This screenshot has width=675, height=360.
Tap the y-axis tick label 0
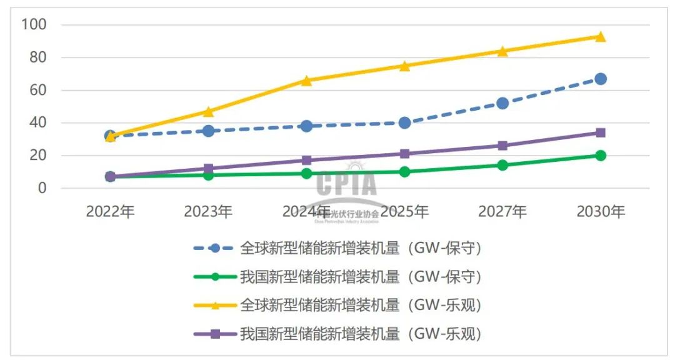[x=43, y=188]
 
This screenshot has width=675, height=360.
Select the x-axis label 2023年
[x=208, y=212]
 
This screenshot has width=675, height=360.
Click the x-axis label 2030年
[x=600, y=212]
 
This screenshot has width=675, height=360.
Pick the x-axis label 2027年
[x=502, y=212]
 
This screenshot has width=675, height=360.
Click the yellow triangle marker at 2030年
[x=600, y=36]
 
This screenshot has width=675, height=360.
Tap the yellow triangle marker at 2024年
[x=306, y=80]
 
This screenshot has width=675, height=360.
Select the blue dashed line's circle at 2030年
[x=600, y=79]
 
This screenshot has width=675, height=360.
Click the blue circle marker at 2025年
[x=404, y=123]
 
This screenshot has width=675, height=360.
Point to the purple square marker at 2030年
[x=600, y=132]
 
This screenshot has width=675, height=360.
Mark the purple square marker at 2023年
[x=208, y=169]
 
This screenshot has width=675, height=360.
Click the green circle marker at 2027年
[x=502, y=165]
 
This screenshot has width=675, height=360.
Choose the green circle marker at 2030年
[x=600, y=156]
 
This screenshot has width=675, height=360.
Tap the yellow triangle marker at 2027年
[x=502, y=51]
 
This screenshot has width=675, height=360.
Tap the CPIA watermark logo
[x=347, y=184]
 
